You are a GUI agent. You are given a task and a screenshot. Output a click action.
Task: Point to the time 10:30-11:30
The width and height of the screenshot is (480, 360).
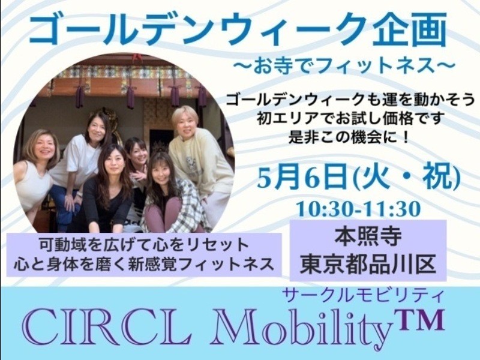(358, 209)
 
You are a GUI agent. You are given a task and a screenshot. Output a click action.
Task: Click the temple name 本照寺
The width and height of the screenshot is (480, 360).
(368, 238)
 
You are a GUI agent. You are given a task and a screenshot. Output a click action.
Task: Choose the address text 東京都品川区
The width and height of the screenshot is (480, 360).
(368, 264)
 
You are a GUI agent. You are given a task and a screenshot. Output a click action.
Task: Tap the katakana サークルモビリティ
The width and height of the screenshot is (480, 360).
(363, 295)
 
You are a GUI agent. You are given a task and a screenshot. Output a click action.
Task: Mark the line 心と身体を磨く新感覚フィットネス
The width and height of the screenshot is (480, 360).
(143, 263)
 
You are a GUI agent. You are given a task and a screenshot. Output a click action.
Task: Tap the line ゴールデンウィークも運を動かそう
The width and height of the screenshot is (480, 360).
(350, 100)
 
